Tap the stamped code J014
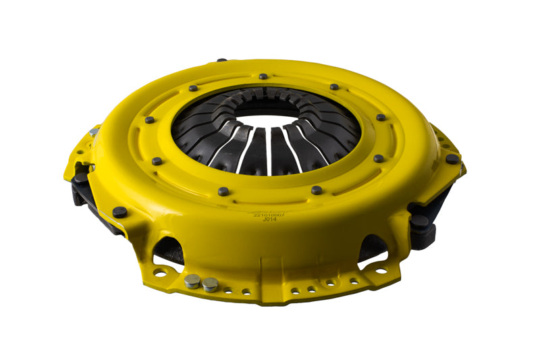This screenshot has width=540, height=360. click(270, 219)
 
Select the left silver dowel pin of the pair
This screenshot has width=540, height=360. click(193, 280)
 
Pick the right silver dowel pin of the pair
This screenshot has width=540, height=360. click(210, 284)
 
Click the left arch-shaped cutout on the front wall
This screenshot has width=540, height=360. click(169, 248)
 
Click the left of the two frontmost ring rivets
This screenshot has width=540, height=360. click(223, 192)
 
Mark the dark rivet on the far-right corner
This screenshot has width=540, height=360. click(451, 159)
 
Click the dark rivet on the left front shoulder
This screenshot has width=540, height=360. click(119, 211)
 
